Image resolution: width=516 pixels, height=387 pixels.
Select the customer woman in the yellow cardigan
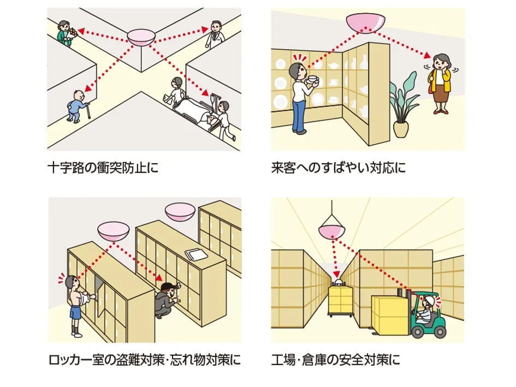[439, 82]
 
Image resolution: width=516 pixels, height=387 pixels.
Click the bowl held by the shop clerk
[312, 81]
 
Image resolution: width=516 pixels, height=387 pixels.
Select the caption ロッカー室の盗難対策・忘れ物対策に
[144, 360]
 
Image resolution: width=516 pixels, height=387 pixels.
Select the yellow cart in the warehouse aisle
[339, 301]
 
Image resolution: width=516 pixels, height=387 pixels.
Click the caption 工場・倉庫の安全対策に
[335, 360]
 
